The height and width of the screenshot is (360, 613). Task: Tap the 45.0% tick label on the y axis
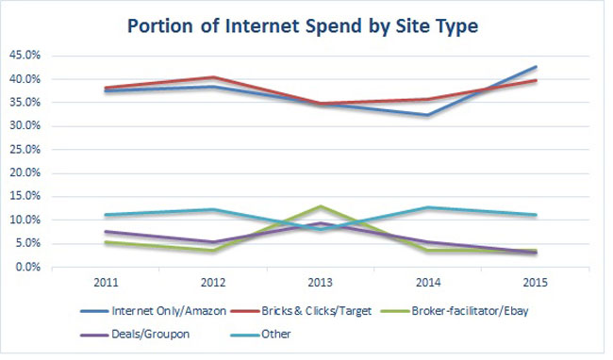(x=25, y=56)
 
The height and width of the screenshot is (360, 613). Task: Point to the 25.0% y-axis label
(x=25, y=150)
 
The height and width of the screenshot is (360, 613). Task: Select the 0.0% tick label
(x=27, y=267)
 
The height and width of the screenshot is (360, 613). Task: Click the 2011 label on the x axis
(x=106, y=283)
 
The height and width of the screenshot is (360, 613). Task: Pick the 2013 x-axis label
(x=321, y=283)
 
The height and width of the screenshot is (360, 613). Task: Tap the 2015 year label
(x=536, y=283)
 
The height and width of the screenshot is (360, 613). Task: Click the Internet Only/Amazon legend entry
(x=153, y=311)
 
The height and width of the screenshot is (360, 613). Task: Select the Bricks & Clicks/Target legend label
(x=301, y=311)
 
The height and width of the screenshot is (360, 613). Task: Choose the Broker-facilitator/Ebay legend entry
(x=455, y=311)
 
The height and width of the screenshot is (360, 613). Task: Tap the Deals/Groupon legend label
(x=135, y=335)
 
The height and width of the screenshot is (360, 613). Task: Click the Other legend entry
(x=260, y=335)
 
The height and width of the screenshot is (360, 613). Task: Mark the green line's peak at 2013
(x=321, y=206)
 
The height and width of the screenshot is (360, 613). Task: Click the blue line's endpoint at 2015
(x=536, y=67)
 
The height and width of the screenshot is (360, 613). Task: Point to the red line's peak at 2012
(x=213, y=77)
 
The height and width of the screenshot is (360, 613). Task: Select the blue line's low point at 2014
(x=428, y=115)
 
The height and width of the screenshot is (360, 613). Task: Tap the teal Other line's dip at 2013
(x=321, y=229)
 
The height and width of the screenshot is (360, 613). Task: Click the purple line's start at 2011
(x=106, y=232)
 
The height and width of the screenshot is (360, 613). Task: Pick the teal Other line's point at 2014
(x=428, y=207)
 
